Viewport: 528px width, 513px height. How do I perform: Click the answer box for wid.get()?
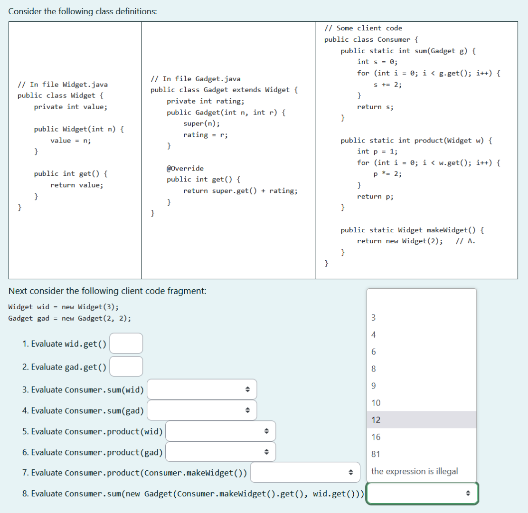coord(126,343)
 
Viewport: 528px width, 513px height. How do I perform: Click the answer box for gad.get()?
coord(126,366)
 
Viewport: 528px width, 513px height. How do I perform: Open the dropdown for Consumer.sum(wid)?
coord(202,389)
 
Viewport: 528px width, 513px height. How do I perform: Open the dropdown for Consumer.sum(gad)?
coord(202,410)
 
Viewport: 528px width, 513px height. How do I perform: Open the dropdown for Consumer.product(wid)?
coord(221,431)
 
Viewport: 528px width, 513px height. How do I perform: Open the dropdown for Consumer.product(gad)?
coord(221,452)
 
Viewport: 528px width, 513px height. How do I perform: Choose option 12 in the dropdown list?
coord(376,420)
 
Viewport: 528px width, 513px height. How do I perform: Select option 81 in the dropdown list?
coord(376,454)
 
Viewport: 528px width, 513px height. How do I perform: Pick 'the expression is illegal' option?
coord(415,471)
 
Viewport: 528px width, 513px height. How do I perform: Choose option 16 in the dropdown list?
coord(376,437)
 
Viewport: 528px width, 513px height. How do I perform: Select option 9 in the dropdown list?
coord(374,386)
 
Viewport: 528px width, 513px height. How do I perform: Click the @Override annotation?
coord(185,168)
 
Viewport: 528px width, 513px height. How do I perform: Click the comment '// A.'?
coord(465,241)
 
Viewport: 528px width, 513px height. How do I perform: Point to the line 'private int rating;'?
coord(206,101)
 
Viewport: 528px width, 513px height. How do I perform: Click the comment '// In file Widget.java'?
coord(63,85)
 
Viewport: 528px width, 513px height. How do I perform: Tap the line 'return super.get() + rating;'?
coord(241,191)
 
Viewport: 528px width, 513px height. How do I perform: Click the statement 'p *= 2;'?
coord(388,174)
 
